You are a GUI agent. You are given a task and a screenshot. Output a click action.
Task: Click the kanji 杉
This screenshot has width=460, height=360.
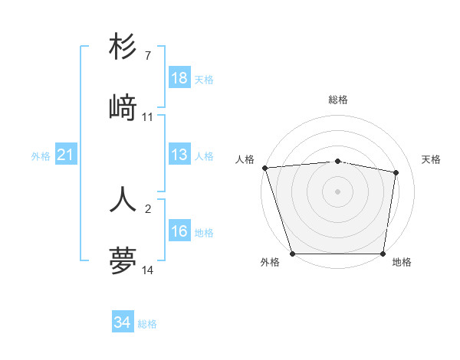coord(123,47)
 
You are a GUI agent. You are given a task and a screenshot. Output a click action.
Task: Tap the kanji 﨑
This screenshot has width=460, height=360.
coord(123,108)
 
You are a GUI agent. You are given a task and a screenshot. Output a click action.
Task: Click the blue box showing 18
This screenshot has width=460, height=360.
coord(179,78)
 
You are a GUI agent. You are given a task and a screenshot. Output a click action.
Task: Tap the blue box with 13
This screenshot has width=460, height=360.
coord(179,155)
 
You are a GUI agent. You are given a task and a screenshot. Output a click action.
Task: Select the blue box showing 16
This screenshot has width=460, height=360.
coord(179,231)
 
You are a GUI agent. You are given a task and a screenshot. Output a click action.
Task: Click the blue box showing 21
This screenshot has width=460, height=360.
coord(66,155)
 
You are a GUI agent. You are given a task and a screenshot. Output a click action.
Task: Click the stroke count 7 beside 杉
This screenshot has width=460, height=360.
coord(147,56)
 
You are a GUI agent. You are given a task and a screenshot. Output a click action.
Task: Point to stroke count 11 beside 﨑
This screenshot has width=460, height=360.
coord(147,117)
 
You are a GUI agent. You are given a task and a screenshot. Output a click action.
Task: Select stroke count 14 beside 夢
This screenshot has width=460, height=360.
coord(147,270)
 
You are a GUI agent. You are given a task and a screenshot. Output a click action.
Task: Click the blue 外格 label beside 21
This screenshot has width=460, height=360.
coord(41,156)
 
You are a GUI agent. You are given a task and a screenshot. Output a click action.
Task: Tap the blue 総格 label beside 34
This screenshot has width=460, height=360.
coord(147,324)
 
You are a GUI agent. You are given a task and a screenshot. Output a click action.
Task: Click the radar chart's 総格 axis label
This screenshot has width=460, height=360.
coord(338,100)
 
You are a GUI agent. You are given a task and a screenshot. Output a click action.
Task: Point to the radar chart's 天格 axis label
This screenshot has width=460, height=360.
coord(432,159)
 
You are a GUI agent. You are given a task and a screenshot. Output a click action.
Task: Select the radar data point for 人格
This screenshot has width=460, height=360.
coord(264,168)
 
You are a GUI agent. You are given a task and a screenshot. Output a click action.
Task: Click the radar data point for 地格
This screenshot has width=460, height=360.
coord(383,253)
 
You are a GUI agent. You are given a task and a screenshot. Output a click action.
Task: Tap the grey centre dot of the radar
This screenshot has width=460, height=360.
coord(337,191)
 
